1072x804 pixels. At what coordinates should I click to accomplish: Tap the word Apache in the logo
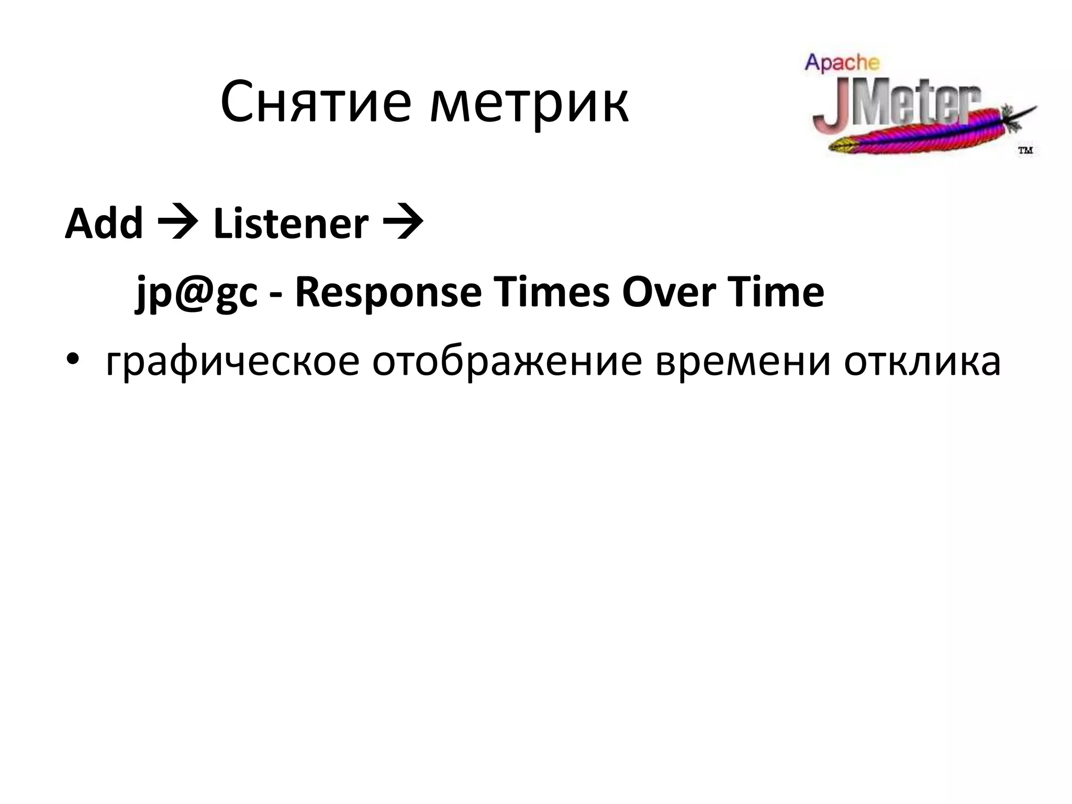pyautogui.click(x=842, y=63)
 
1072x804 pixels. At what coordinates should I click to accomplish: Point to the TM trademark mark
pyautogui.click(x=1025, y=151)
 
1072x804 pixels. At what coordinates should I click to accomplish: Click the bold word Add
pyautogui.click(x=104, y=224)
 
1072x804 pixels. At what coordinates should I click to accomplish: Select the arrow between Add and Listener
pyautogui.click(x=178, y=225)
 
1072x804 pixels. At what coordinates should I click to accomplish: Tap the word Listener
pyautogui.click(x=291, y=224)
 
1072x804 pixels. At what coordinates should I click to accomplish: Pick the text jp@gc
pyautogui.click(x=197, y=293)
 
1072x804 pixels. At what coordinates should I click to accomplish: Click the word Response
pyautogui.click(x=388, y=293)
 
